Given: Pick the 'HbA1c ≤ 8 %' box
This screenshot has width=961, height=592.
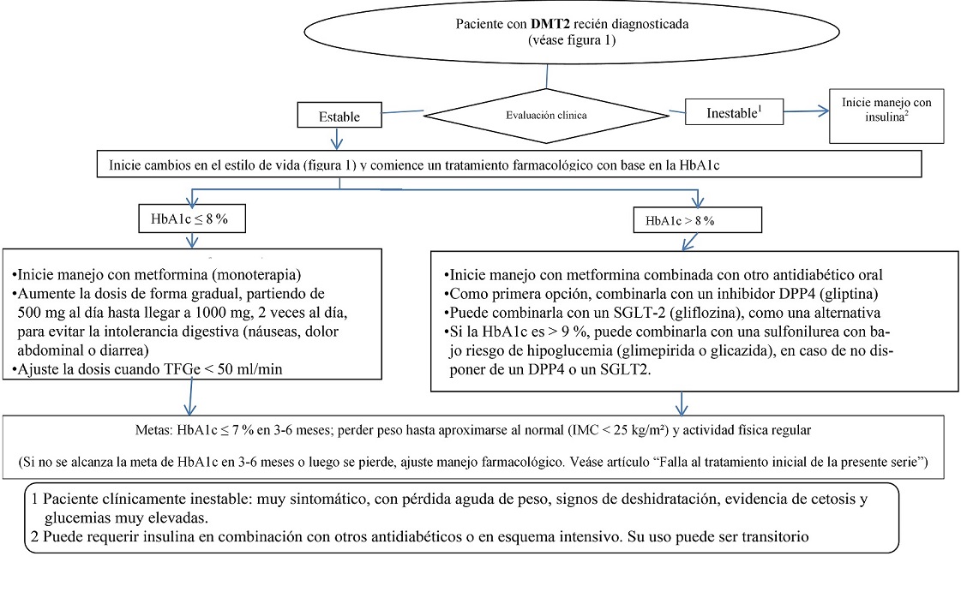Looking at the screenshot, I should tap(194, 219).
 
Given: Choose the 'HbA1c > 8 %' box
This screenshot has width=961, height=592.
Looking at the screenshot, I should tap(696, 221).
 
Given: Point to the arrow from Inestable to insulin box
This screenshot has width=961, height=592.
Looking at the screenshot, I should tap(807, 109).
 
